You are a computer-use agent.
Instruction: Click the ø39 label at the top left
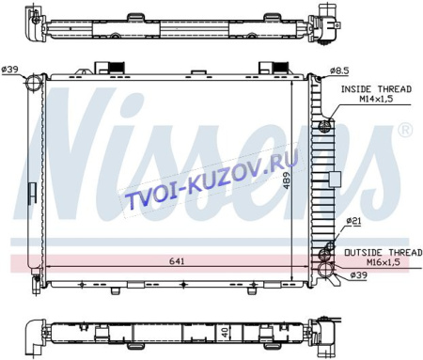pos(12,69)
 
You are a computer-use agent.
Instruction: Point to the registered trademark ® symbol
pos(405,130)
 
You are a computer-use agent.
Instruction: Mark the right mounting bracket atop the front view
pos(270,67)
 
